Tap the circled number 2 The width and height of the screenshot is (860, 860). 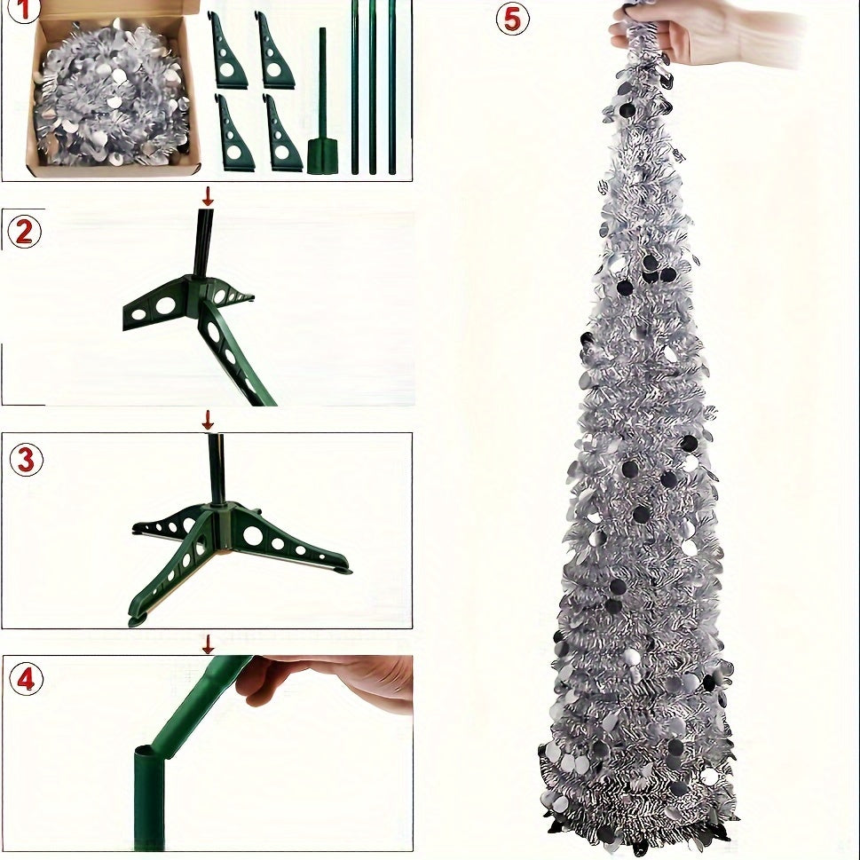[24, 232]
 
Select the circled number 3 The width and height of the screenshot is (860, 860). [26, 460]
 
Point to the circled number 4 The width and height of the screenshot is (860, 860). [26, 680]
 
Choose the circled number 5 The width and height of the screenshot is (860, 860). [512, 18]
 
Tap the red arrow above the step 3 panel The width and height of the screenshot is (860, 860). [208, 419]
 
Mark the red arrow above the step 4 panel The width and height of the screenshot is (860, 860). [208, 643]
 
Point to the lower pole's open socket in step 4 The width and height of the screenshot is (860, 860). [149, 754]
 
